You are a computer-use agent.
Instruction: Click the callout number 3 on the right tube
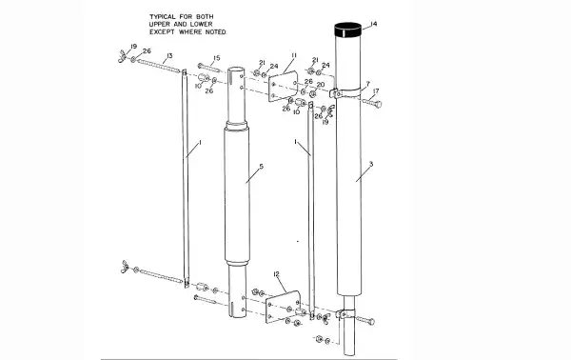370,165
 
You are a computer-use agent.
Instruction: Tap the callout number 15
217,58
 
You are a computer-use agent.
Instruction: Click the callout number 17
376,91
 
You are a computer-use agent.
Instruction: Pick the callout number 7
366,83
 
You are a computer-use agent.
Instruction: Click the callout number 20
320,85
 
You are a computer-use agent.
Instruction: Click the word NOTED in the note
217,32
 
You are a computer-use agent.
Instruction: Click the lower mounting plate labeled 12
281,307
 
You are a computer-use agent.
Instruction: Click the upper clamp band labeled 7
349,94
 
